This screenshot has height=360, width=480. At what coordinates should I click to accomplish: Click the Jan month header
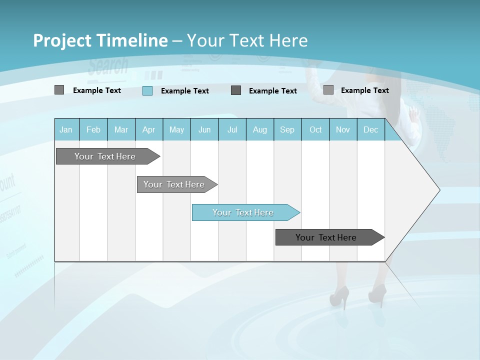click(66, 129)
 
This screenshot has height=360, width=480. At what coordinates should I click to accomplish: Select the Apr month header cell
click(148, 129)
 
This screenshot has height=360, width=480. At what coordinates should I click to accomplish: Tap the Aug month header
click(259, 129)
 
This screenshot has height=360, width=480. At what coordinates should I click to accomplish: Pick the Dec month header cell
click(370, 129)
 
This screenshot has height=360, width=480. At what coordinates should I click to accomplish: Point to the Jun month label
click(204, 129)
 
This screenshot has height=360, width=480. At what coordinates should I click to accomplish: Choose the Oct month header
click(315, 129)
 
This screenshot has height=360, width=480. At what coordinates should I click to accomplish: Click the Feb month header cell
click(93, 129)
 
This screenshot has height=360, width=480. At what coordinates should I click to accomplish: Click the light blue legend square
click(147, 90)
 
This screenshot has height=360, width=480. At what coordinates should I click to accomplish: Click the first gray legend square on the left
click(59, 90)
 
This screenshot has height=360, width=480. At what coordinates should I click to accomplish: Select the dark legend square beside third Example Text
click(236, 90)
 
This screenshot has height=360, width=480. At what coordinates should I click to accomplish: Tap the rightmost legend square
click(328, 90)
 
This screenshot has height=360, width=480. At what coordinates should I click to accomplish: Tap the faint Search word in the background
click(108, 66)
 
